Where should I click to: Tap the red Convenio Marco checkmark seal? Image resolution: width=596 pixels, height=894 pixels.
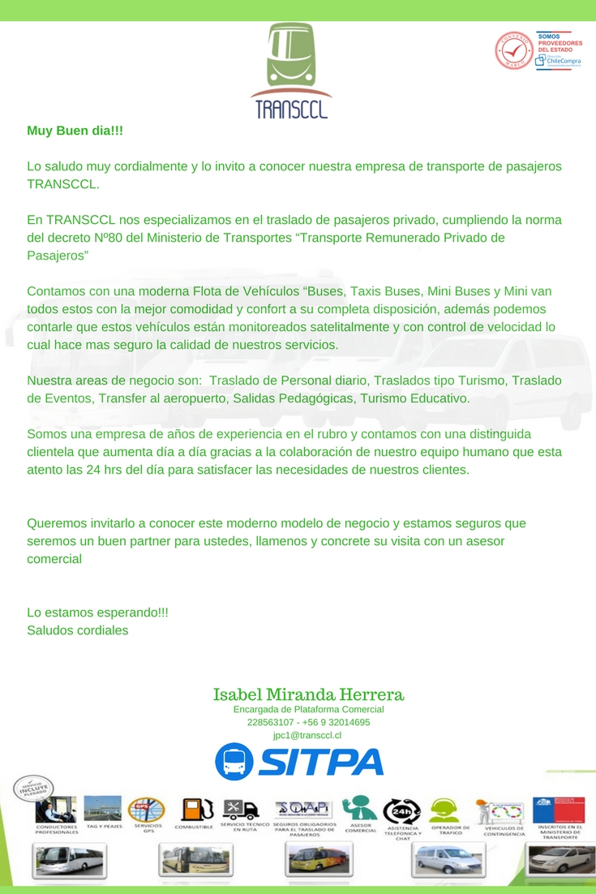coord(513,50)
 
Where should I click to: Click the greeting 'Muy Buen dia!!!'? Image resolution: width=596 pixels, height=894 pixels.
coord(75,131)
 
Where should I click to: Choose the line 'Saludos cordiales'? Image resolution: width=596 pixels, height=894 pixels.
coord(78,630)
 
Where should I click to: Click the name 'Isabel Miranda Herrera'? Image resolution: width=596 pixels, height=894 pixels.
coord(308,694)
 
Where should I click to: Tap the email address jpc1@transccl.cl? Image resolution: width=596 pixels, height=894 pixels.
coord(308,735)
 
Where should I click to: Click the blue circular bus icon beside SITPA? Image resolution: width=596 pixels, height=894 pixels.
coord(234,761)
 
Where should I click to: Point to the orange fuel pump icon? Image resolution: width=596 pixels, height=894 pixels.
coord(194,810)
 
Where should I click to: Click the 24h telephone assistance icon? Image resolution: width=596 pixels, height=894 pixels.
coord(402,810)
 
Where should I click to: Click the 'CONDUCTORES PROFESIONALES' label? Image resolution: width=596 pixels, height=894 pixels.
coord(57,830)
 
